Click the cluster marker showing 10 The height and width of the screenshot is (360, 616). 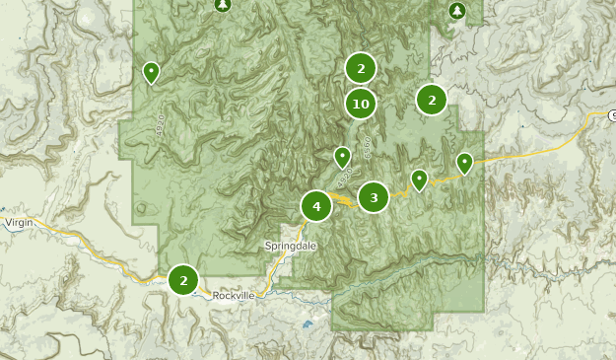click(x=360, y=103)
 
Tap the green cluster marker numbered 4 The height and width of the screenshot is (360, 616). click(x=316, y=206)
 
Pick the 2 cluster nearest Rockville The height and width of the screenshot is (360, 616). click(x=183, y=280)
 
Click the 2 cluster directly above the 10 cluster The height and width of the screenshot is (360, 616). click(x=361, y=68)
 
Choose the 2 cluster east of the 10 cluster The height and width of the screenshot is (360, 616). click(x=432, y=100)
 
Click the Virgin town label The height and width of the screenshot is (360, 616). click(x=19, y=223)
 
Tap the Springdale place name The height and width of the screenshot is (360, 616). click(x=290, y=246)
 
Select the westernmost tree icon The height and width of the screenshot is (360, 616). click(x=222, y=5)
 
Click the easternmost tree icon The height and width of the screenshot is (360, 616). click(x=456, y=11)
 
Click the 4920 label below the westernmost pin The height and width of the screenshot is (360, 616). click(x=159, y=125)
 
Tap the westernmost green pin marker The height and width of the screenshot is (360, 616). click(x=151, y=72)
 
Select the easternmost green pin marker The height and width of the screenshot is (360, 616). click(x=464, y=163)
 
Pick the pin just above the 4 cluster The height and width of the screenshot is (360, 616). click(x=342, y=157)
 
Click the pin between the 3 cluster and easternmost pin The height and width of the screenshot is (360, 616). click(x=419, y=180)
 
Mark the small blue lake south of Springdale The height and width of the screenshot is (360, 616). click(x=308, y=324)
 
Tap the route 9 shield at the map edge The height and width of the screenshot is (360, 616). click(x=611, y=115)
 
